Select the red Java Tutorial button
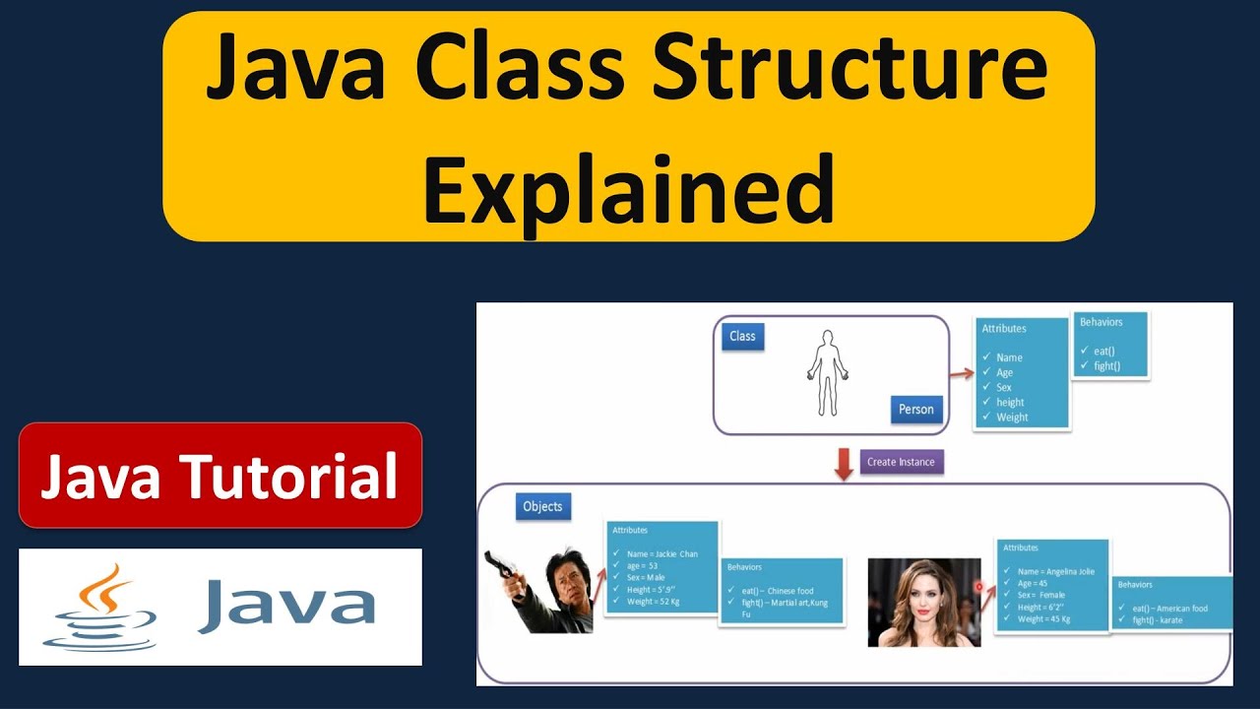click(220, 476)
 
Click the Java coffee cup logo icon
click(99, 607)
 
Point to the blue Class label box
click(742, 337)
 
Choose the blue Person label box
click(915, 410)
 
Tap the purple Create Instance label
click(902, 462)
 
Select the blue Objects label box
click(542, 507)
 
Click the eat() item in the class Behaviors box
click(1097, 352)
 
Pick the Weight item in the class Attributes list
click(1012, 418)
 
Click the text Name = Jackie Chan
click(661, 554)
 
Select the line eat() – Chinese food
click(778, 591)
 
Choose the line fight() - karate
click(1158, 620)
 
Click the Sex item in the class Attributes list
click(1003, 388)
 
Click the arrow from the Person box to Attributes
click(961, 373)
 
